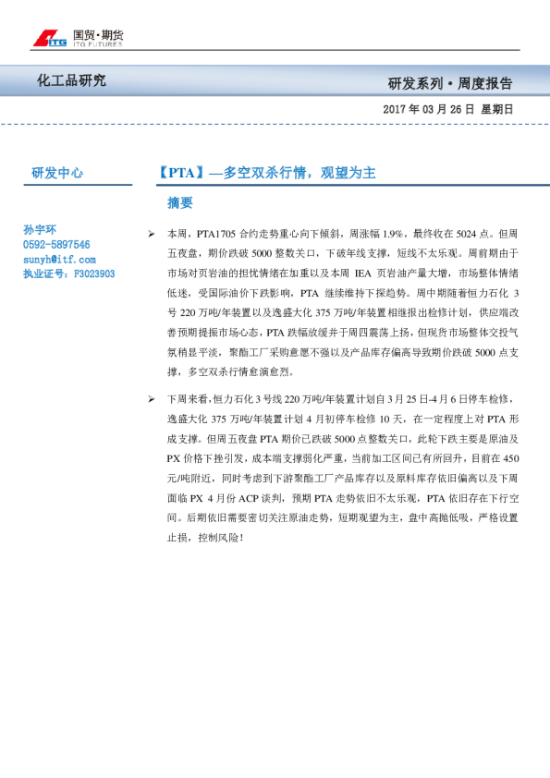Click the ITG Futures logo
[x=78, y=38]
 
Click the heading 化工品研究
[x=71, y=81]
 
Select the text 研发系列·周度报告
[x=450, y=83]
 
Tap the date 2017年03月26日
[x=428, y=109]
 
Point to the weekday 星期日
[x=495, y=109]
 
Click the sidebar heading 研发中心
[x=57, y=173]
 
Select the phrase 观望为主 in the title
[x=347, y=173]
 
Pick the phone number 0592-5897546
[x=56, y=245]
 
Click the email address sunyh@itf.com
[x=57, y=260]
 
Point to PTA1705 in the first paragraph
[x=218, y=235]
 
